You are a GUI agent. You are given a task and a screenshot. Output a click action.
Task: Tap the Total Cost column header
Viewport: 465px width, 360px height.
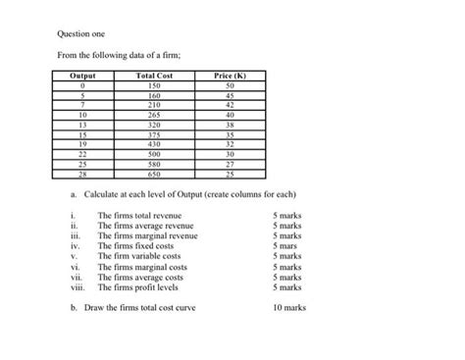tap(153, 76)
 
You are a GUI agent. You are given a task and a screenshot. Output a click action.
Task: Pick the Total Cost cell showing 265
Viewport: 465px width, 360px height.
tap(153, 115)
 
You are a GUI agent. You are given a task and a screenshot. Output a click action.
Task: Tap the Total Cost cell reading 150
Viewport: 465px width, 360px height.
tap(153, 85)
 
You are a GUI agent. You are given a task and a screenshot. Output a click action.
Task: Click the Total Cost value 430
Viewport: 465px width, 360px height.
tap(153, 144)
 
